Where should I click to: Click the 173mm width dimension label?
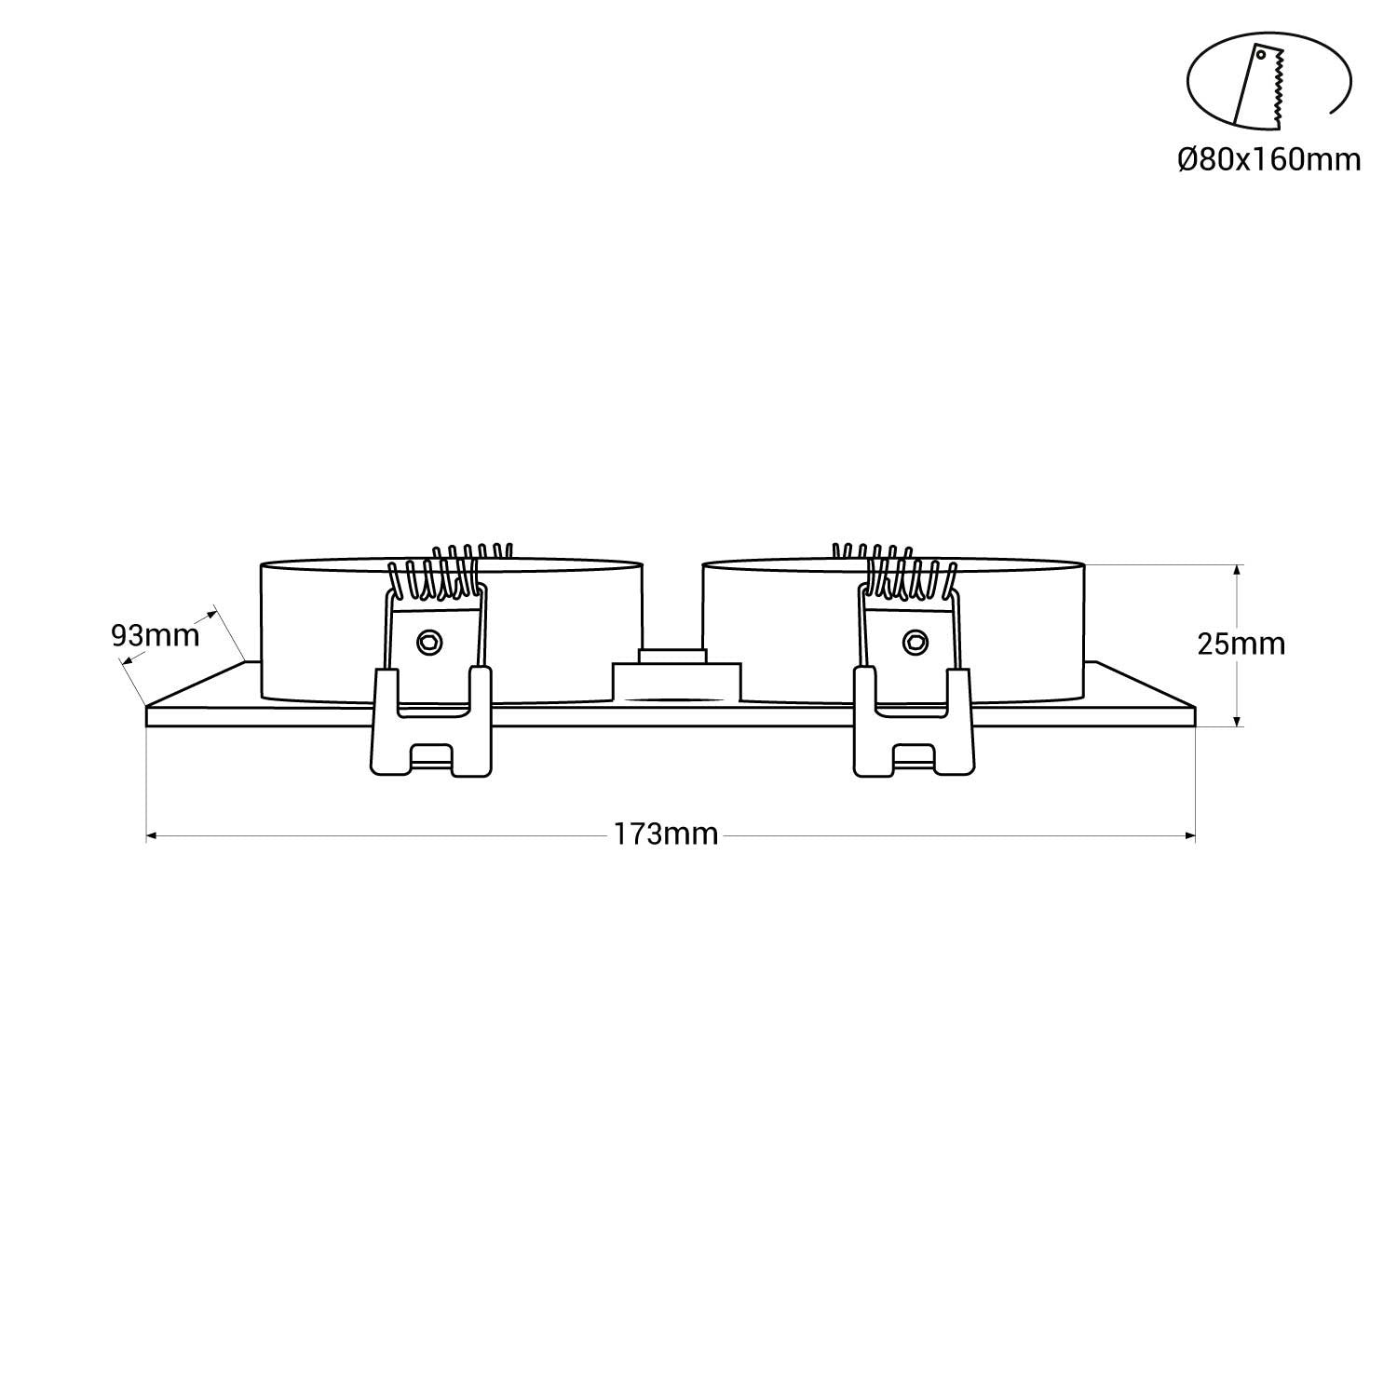tap(665, 834)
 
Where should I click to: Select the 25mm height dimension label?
tap(1241, 644)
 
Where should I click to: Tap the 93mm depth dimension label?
tap(155, 635)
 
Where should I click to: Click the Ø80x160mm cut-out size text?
tap(1268, 160)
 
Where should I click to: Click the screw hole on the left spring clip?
tap(429, 641)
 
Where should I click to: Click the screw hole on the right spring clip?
tap(915, 642)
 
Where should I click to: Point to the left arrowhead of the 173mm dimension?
tap(152, 835)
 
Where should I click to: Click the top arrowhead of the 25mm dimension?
tap(1237, 569)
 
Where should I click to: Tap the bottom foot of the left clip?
tap(430, 759)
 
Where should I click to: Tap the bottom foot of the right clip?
tap(915, 759)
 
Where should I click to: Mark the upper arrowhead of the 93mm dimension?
tap(210, 613)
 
